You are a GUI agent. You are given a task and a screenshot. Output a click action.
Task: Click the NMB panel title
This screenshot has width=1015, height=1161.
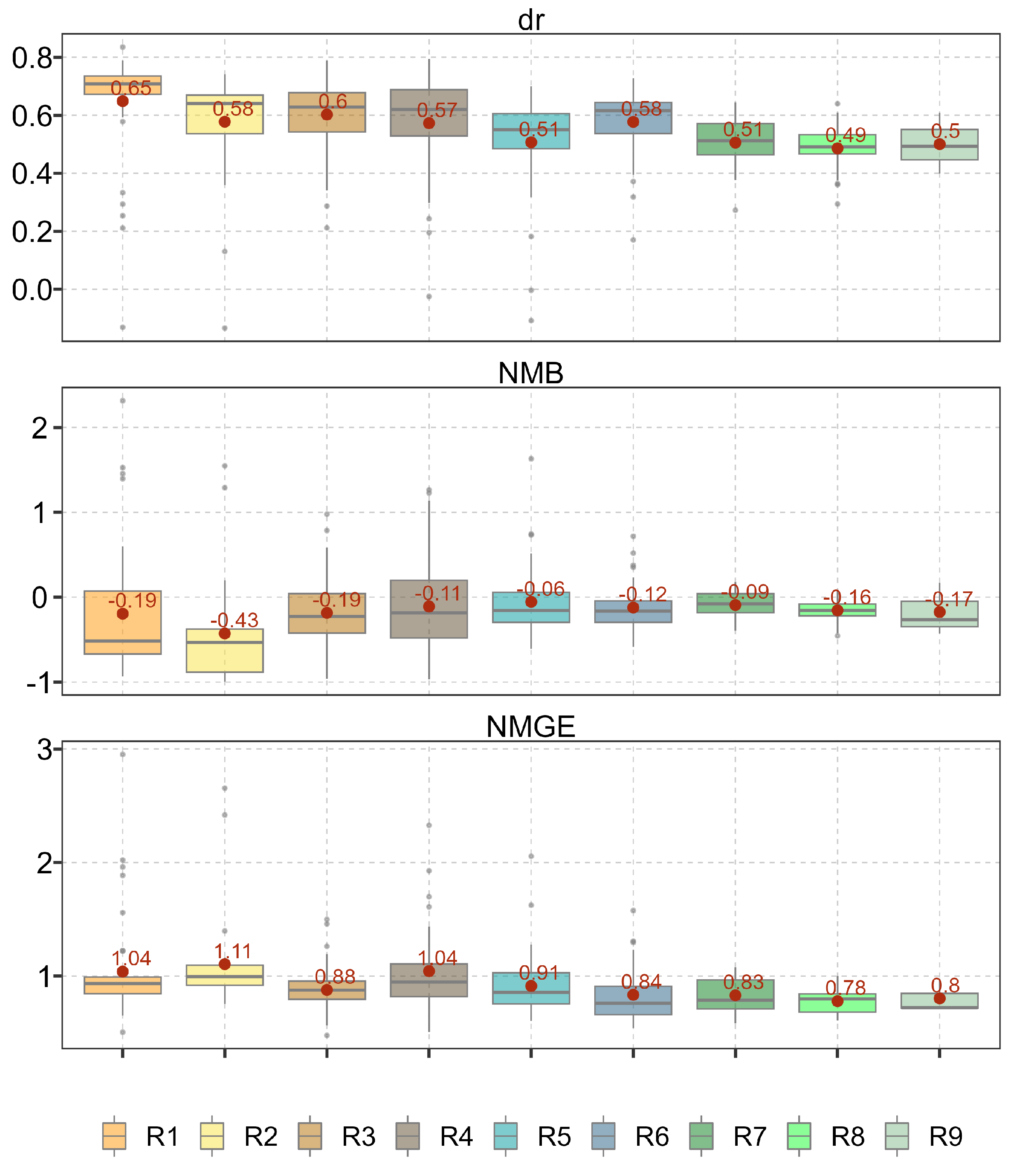[x=531, y=374]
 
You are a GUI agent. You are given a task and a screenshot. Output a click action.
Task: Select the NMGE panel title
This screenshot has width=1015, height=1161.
[x=531, y=727]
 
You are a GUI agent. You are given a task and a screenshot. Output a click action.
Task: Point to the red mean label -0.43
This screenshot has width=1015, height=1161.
[x=234, y=620]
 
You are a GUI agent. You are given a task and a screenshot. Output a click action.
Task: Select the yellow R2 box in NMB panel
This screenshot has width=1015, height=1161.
[x=225, y=657]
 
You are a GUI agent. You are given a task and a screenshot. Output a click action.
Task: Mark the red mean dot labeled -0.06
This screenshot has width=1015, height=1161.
[x=531, y=602]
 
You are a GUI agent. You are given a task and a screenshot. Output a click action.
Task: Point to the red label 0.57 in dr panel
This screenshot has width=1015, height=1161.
[x=437, y=110]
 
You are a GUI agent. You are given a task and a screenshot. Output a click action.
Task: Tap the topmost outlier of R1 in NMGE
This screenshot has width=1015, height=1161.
[x=122, y=754]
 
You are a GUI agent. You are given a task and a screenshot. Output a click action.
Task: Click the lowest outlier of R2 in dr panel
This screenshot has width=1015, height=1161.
[x=225, y=328]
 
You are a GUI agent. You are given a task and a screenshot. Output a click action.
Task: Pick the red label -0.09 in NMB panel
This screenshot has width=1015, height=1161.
[x=745, y=592]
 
